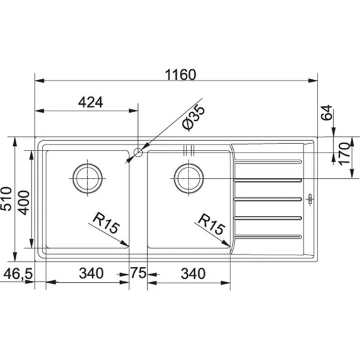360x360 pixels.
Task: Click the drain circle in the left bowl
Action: coord(86,176)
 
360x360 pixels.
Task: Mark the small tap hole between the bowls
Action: coord(138,153)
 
